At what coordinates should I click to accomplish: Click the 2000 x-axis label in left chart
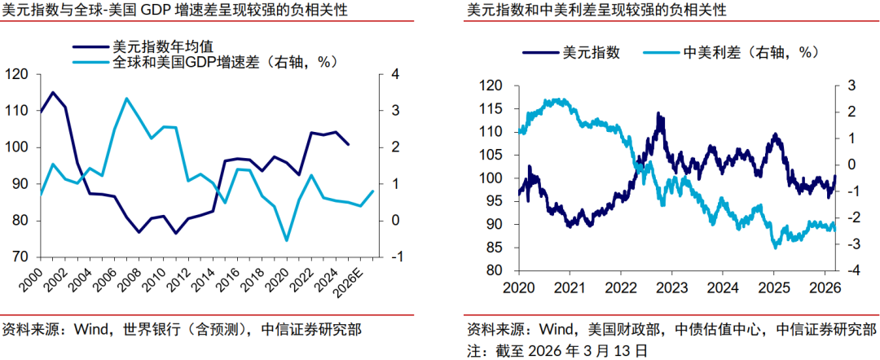(33, 281)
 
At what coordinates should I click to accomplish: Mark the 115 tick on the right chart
(491, 109)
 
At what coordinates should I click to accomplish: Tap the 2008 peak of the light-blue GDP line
(126, 99)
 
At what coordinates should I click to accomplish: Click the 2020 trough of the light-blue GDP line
(286, 240)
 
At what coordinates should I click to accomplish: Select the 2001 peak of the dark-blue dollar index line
(53, 92)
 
